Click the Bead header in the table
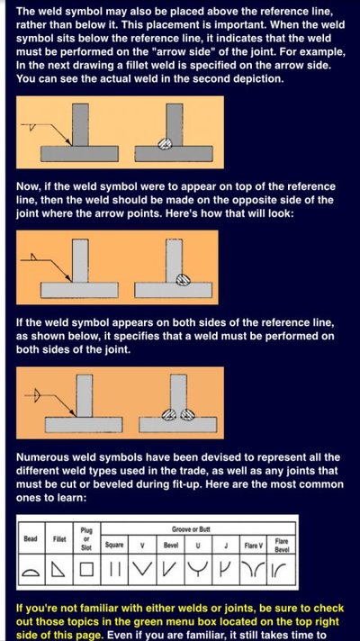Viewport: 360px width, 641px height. pyautogui.click(x=31, y=538)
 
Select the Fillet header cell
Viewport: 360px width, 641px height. pyautogui.click(x=59, y=538)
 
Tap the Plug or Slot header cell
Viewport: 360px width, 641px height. pyautogui.click(x=86, y=538)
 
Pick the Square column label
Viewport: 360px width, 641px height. pyautogui.click(x=114, y=545)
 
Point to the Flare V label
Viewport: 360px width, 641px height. pyautogui.click(x=253, y=546)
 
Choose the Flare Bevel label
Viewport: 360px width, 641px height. pyautogui.click(x=282, y=546)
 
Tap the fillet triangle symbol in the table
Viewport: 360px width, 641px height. pyautogui.click(x=58, y=570)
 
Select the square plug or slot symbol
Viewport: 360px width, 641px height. pyautogui.click(x=86, y=570)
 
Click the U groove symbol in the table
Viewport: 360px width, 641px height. pyautogui.click(x=198, y=569)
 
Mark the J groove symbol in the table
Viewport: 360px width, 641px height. pyautogui.click(x=226, y=569)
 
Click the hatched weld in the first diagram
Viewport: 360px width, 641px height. pyautogui.click(x=165, y=143)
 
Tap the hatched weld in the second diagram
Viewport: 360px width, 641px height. pyautogui.click(x=183, y=280)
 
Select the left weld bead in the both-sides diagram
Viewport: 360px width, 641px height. pyautogui.click(x=169, y=415)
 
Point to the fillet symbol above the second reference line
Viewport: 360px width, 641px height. pyautogui.click(x=34, y=257)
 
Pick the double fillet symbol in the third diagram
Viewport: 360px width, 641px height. pyautogui.click(x=37, y=395)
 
